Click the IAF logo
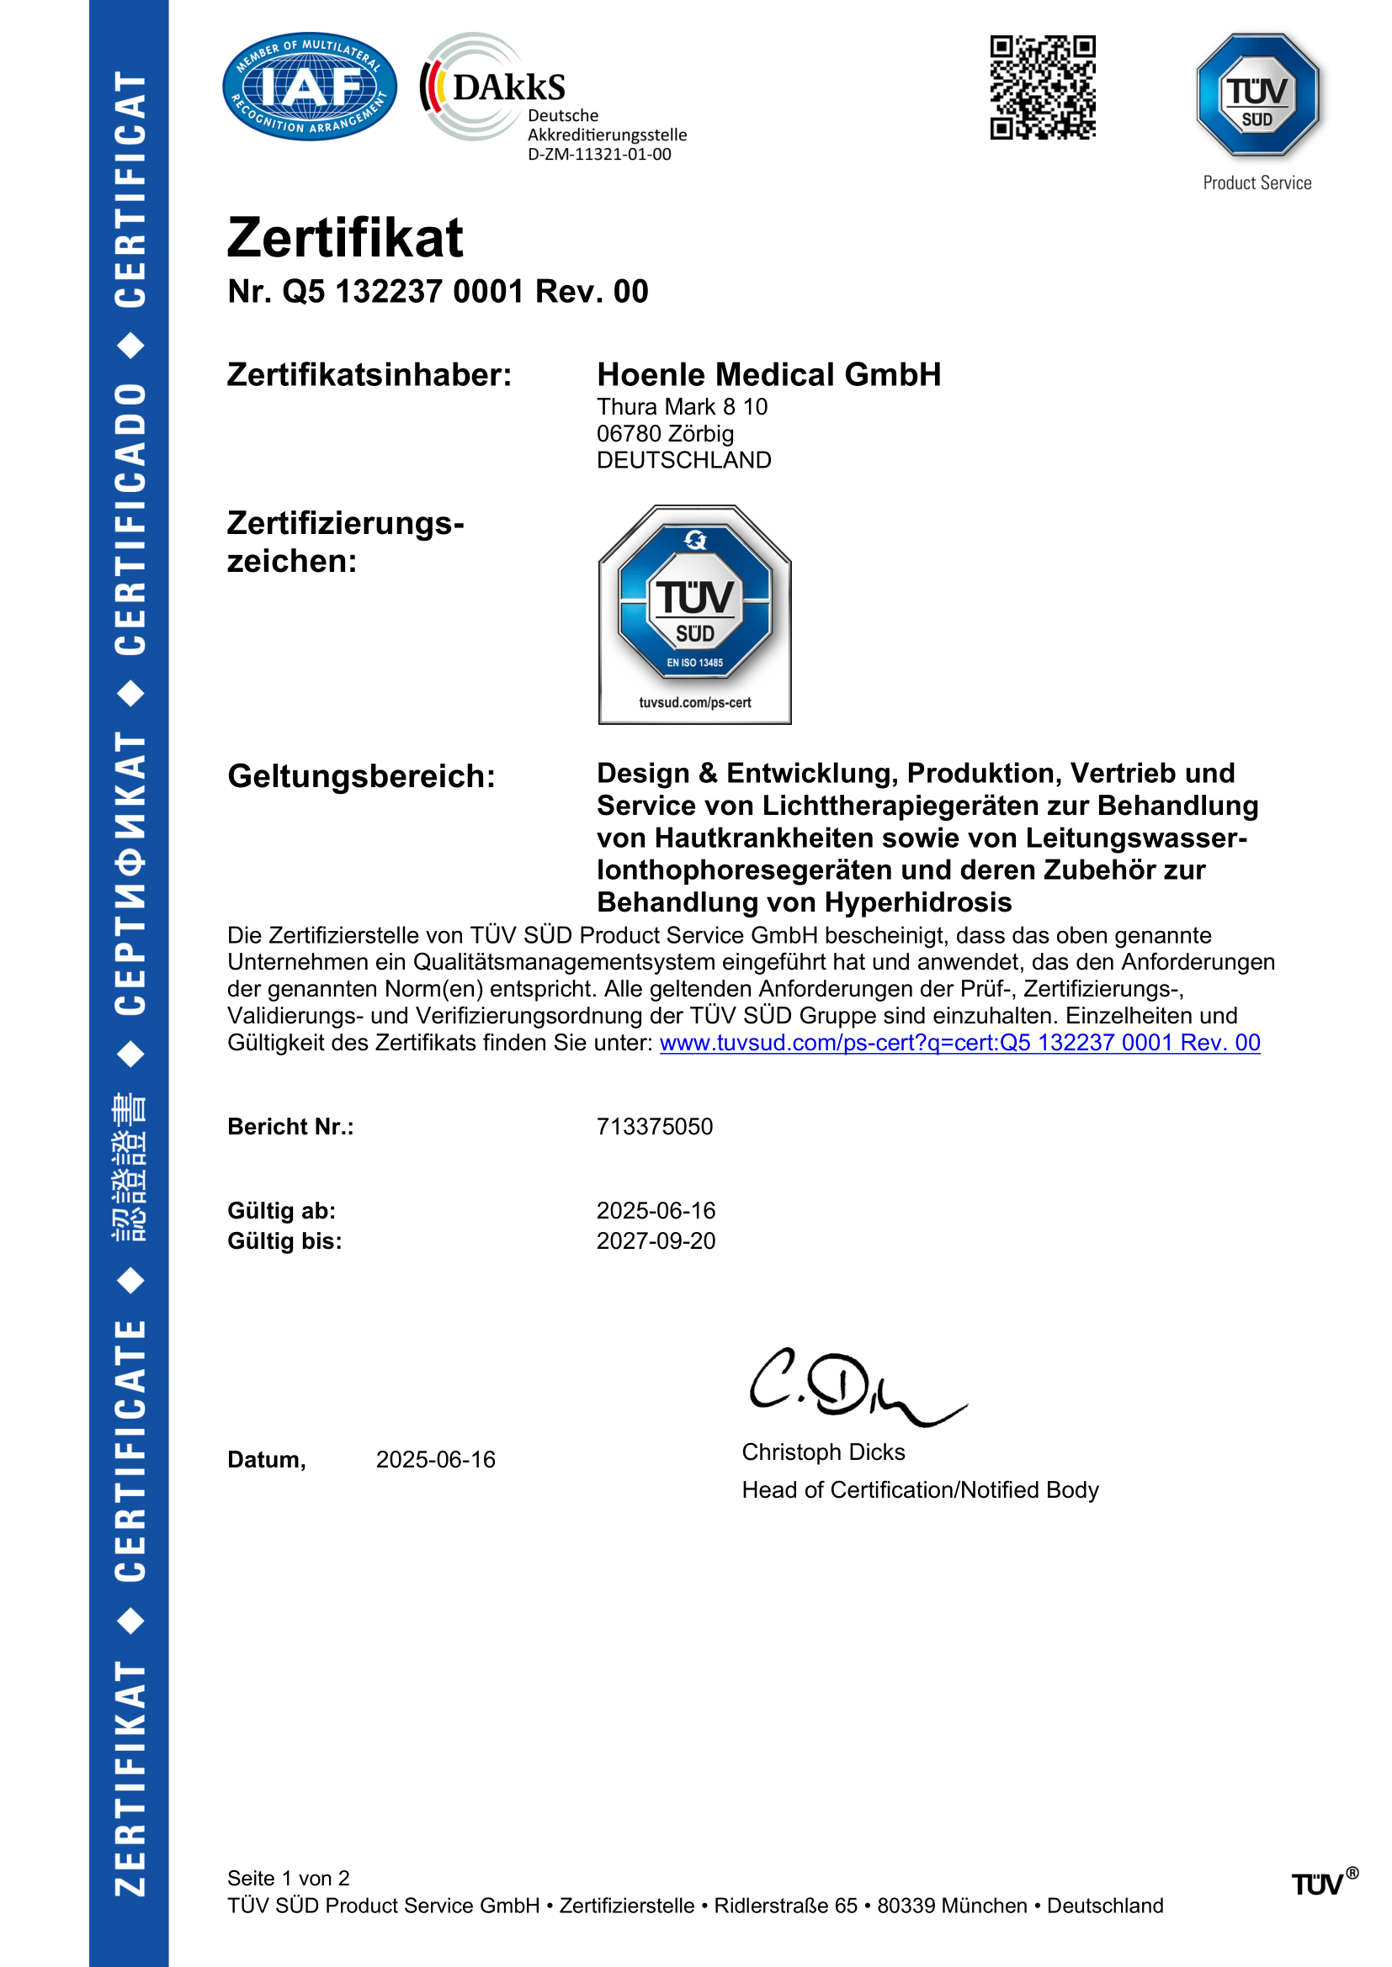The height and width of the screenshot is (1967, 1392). coord(310,87)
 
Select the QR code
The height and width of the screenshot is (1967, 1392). coord(1042,87)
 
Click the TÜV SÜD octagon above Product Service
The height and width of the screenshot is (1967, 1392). coord(1257,95)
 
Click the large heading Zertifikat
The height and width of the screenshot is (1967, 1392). coord(344,237)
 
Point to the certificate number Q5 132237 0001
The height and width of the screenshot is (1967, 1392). coord(403,292)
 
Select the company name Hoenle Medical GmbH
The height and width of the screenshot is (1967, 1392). coord(769,374)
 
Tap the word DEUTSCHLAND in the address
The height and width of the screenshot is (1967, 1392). coord(683,460)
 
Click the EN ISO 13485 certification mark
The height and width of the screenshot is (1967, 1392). coord(694,613)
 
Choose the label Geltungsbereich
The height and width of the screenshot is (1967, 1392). coord(361,776)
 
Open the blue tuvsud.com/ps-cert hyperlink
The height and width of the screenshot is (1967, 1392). coord(959,1043)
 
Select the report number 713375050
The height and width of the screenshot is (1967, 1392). coord(654,1127)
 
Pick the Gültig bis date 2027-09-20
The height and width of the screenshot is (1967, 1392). coord(656,1240)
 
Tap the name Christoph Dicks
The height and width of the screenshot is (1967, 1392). coord(823,1452)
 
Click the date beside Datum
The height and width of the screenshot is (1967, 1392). coord(435,1460)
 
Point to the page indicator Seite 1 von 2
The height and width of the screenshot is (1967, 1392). coord(288,1878)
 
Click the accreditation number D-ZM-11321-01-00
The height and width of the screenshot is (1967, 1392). coord(599,154)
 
